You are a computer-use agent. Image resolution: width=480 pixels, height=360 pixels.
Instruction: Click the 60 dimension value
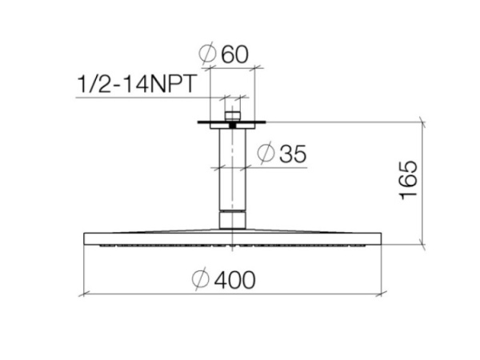click(234, 54)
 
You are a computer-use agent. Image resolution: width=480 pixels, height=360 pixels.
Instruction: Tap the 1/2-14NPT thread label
click(137, 83)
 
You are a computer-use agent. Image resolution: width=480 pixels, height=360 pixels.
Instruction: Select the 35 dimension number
click(293, 154)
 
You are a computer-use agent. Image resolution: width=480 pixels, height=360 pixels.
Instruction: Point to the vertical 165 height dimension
click(409, 180)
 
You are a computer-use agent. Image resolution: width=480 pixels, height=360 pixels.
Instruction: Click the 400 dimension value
click(234, 280)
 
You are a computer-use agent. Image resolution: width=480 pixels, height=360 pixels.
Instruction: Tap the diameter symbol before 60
click(207, 54)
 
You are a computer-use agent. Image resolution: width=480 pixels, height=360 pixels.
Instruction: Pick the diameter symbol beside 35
click(266, 153)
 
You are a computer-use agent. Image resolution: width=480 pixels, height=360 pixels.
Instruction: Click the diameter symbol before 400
click(201, 279)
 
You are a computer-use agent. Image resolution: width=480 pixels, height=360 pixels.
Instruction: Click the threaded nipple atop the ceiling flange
click(233, 116)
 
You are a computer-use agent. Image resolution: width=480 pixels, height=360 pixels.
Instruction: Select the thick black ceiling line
click(232, 122)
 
